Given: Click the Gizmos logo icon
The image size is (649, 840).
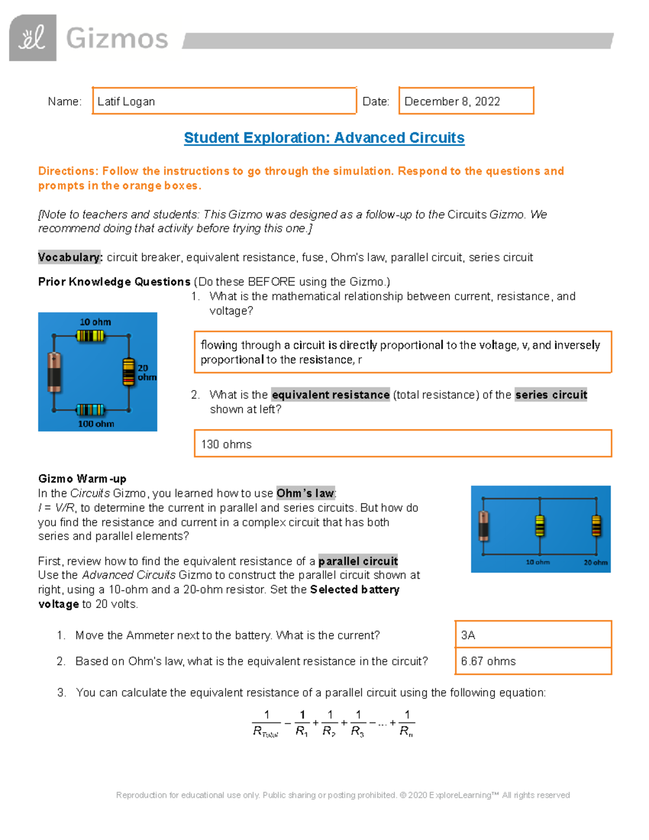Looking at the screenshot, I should pos(32,38).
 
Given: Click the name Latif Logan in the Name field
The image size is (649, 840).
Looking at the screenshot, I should pos(126,102).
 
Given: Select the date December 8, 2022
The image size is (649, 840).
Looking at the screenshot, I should pos(452,102).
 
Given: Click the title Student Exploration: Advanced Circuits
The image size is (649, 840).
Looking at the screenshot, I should pos(324,138).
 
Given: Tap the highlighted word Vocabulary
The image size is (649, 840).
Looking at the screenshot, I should pos(70,257).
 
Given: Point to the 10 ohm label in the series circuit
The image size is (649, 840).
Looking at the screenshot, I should pos(95,322).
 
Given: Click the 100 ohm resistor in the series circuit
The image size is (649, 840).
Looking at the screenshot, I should pos(90,409).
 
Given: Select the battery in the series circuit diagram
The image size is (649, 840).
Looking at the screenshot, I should pos(54,372).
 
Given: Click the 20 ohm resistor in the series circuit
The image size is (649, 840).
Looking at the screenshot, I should pos(128,372).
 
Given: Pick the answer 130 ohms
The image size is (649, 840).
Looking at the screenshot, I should pos(226,445).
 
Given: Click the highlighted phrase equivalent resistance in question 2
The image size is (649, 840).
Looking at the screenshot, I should pos(330,395).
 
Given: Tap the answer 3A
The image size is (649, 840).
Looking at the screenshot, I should pos(468,636).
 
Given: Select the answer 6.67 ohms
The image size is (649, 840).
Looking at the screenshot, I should pos(488,662).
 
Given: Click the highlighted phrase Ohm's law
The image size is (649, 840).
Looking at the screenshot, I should pos(305,493).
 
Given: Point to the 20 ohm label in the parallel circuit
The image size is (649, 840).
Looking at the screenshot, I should pos(595,563).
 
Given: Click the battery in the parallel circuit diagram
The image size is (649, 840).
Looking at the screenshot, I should pos(484,526).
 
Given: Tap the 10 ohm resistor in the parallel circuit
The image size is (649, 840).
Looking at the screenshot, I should pos(539,526).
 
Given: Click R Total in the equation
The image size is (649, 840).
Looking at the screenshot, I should pos(265,732).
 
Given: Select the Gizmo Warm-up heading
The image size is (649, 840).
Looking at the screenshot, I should pos(82,479).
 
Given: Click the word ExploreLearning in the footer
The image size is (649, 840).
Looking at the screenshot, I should pos(460,795).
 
